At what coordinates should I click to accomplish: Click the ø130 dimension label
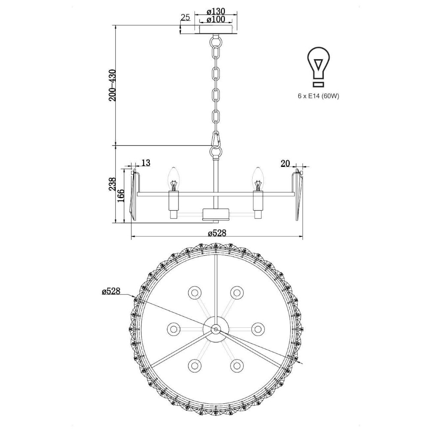click(x=216, y=11)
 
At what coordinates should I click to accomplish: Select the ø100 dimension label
click(x=216, y=19)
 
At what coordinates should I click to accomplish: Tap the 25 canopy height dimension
click(x=185, y=17)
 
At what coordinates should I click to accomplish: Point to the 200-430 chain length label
click(x=112, y=85)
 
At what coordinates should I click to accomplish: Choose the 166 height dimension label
click(x=121, y=196)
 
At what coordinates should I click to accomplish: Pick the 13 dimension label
click(x=146, y=163)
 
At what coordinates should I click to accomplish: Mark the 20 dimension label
click(x=285, y=163)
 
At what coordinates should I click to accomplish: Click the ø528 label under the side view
click(x=217, y=233)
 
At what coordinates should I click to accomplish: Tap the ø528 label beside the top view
click(x=111, y=291)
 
